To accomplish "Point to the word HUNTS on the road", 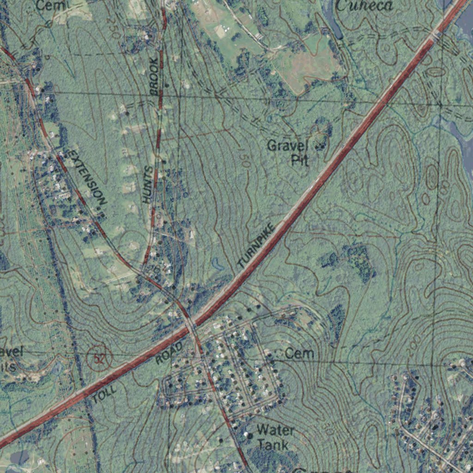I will (148, 185).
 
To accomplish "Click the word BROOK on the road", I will (155, 76).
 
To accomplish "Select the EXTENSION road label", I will (87, 176).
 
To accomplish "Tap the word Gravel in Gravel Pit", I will (287, 146).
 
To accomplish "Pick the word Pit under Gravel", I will (299, 160).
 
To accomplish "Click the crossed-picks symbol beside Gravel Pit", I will (319, 147).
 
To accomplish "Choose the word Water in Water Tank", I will (275, 430).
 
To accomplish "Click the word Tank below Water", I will (273, 445).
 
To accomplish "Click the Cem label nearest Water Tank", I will (299, 354).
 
